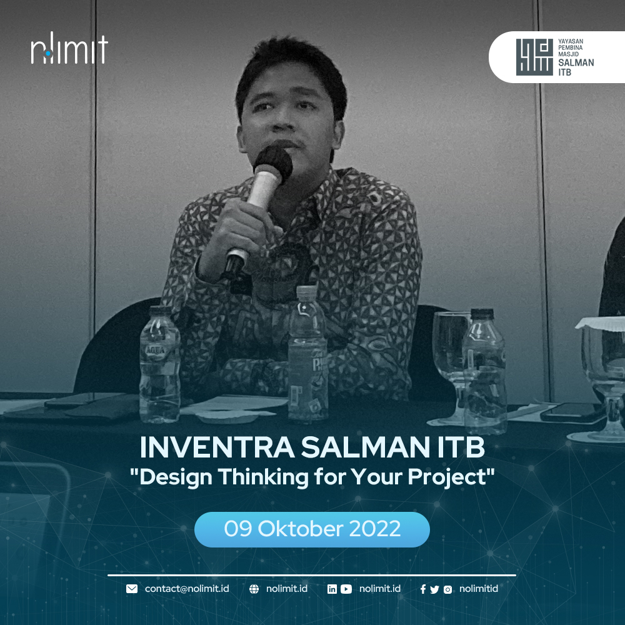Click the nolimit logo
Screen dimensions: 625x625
click(69, 48)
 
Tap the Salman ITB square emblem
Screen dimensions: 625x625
click(534, 57)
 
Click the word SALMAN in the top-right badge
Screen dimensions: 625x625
click(576, 62)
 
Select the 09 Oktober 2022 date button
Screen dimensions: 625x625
click(312, 529)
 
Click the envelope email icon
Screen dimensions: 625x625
click(132, 589)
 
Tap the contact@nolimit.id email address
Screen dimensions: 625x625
click(187, 589)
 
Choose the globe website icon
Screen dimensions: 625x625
click(254, 589)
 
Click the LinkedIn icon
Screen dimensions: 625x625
click(332, 589)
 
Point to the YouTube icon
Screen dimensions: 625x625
click(346, 589)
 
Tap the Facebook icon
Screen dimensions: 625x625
click(423, 589)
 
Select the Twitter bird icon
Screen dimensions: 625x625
click(435, 589)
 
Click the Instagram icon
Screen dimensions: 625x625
click(447, 589)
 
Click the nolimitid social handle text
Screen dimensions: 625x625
click(479, 589)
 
